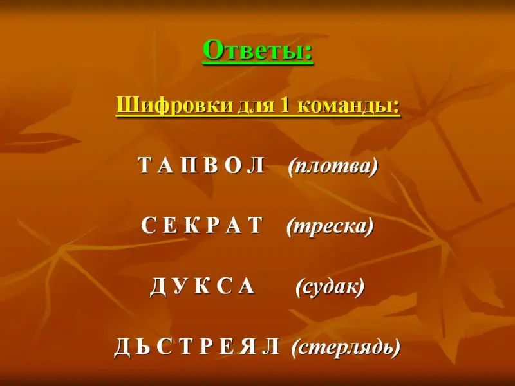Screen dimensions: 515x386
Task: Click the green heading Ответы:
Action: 258,51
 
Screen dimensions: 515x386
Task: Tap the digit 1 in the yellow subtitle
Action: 285,106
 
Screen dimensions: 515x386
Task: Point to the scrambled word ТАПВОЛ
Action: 201,165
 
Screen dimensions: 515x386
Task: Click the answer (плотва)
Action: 333,166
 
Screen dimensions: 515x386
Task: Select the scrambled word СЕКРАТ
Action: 201,225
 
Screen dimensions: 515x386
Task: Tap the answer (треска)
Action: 330,226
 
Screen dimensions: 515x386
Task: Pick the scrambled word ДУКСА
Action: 202,286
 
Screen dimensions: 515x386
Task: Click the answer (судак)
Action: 330,287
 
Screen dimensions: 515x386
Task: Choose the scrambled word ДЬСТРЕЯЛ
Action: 197,347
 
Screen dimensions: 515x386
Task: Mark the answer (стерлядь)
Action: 346,348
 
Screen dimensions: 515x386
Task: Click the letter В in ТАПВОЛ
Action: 211,165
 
